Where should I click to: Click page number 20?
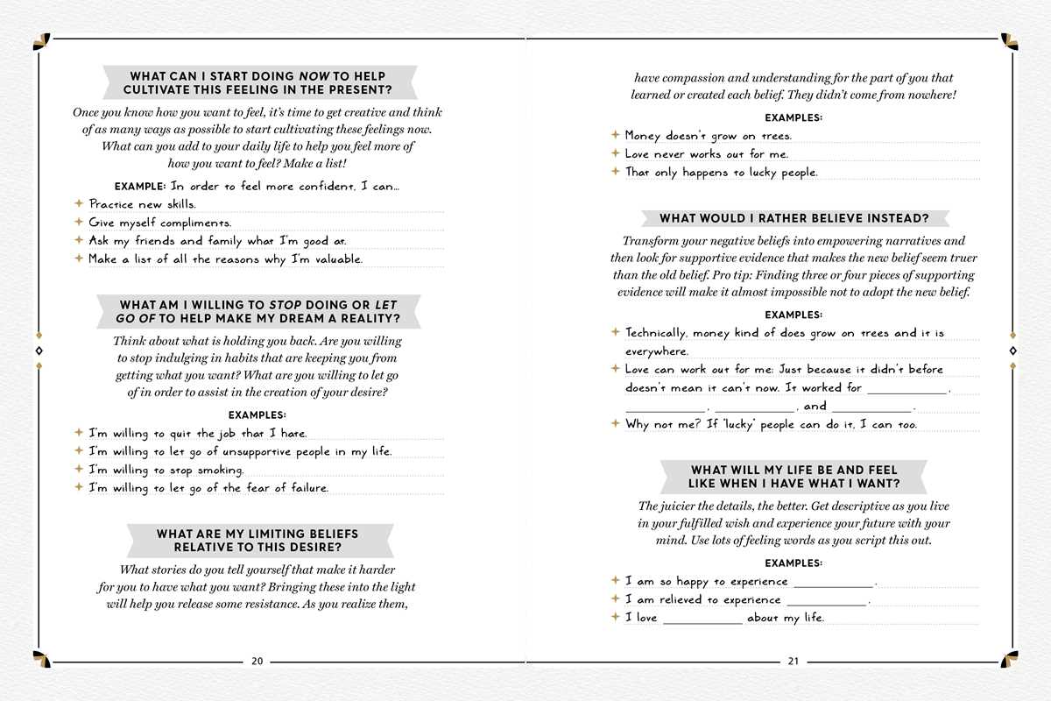click(x=257, y=662)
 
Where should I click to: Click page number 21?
click(x=794, y=662)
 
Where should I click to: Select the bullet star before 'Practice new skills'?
click(x=78, y=203)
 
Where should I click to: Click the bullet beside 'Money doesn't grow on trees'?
click(x=615, y=135)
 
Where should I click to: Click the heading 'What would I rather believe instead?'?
click(x=794, y=218)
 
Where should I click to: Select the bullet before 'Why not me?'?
click(x=615, y=423)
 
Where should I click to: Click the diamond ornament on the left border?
click(x=37, y=350)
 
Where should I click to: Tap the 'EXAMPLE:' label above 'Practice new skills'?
click(x=139, y=186)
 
